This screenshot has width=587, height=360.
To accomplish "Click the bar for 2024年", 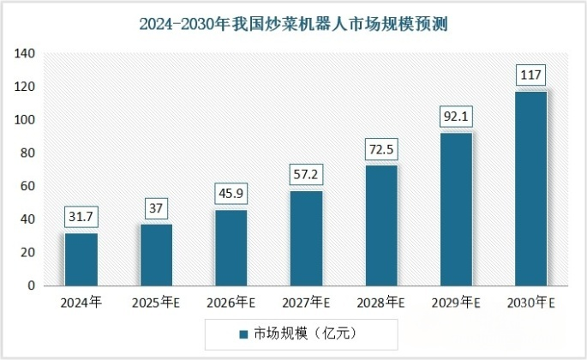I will click(81, 259).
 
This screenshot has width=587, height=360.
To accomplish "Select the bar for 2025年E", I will click(156, 255).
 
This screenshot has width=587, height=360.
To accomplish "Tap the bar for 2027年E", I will click(306, 237).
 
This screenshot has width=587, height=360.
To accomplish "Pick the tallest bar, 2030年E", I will click(530, 188).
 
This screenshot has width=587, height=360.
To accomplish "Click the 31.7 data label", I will click(81, 218).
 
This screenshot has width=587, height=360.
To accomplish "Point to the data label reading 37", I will click(156, 208).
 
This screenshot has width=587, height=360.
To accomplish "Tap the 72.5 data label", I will click(381, 150).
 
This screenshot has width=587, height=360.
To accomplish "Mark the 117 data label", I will click(530, 76).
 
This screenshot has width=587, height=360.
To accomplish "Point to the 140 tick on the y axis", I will click(24, 54).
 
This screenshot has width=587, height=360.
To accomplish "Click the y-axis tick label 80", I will click(27, 153).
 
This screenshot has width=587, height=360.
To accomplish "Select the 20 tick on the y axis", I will click(27, 252).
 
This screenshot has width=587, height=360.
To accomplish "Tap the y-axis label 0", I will click(31, 285).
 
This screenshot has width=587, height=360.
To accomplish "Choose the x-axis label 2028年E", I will click(381, 303).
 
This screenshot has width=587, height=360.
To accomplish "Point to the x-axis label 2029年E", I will click(456, 303).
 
